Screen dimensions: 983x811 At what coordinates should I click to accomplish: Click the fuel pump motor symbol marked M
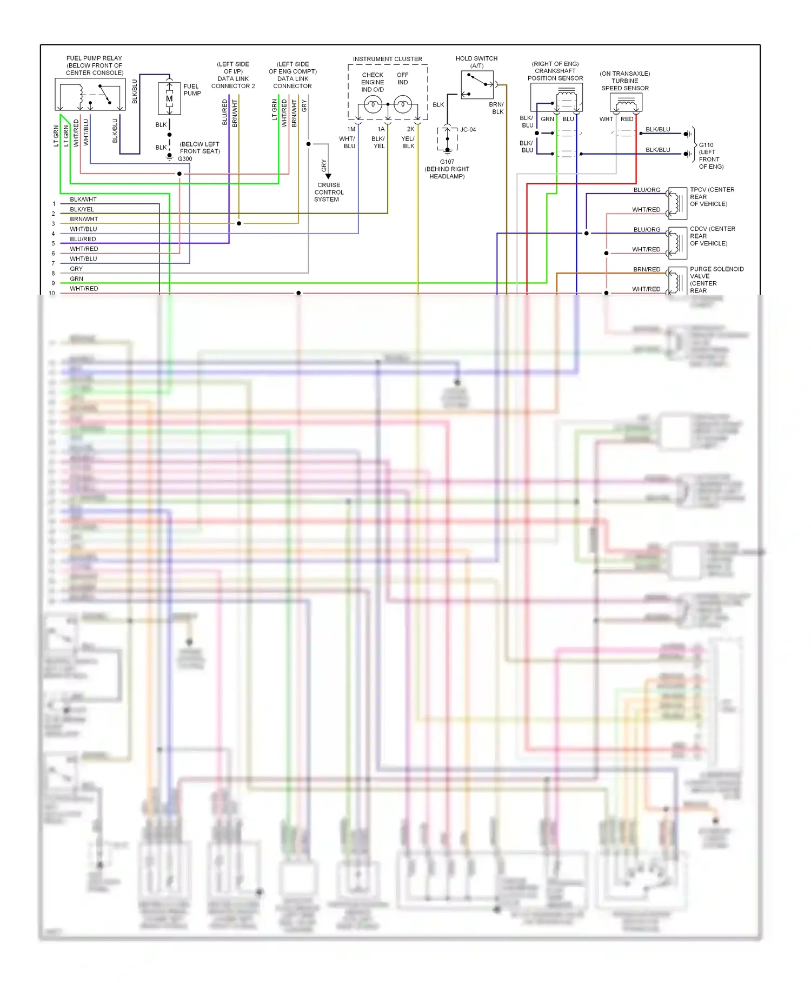click(x=169, y=98)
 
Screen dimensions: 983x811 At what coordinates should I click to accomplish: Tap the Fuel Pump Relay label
click(x=94, y=65)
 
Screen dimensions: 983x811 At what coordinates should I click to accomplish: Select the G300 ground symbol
click(x=170, y=158)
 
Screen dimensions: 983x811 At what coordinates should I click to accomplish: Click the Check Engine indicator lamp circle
click(x=373, y=104)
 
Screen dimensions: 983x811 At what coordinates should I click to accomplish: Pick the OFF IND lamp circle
click(x=403, y=104)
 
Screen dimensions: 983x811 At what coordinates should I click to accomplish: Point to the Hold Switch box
click(x=477, y=85)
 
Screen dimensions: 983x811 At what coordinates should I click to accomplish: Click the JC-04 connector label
click(x=468, y=130)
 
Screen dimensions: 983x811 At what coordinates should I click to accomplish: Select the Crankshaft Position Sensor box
click(x=556, y=97)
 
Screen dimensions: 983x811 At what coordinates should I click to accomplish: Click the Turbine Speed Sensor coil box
click(x=626, y=102)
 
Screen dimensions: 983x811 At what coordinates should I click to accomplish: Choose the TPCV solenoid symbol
click(x=677, y=203)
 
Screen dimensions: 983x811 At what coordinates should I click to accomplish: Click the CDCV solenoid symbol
click(x=677, y=243)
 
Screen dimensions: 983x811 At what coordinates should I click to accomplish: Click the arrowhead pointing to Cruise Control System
click(x=328, y=176)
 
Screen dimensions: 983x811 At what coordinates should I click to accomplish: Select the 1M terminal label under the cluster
click(x=351, y=129)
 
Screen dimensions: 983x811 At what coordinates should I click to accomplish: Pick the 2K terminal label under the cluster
click(x=410, y=129)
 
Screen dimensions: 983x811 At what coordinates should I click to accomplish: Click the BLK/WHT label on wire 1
click(x=83, y=200)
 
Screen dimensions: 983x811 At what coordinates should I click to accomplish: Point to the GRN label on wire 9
click(x=76, y=279)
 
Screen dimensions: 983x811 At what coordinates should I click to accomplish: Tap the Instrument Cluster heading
click(x=388, y=59)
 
